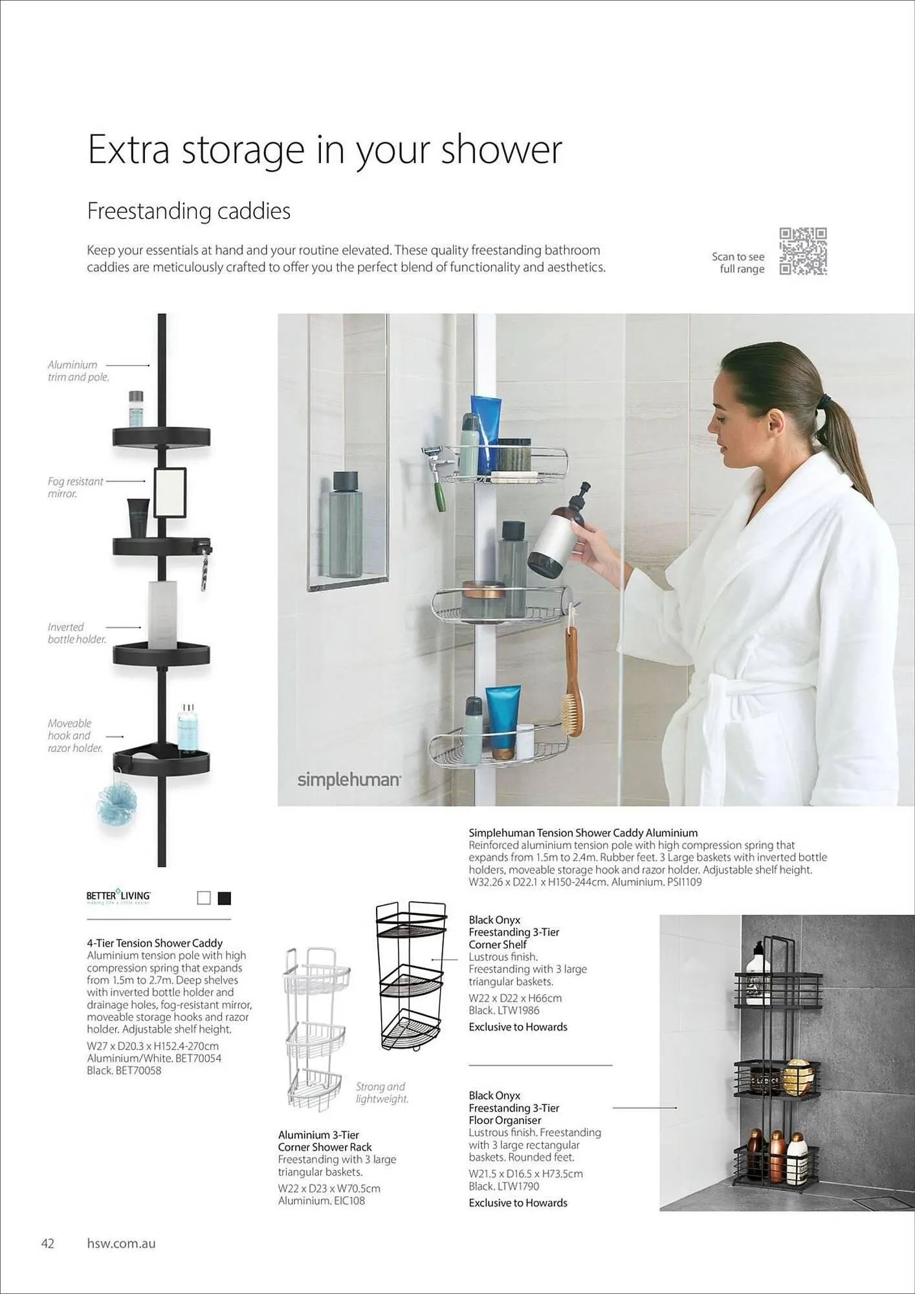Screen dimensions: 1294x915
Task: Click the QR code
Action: (803, 252)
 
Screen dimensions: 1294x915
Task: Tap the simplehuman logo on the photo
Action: (349, 780)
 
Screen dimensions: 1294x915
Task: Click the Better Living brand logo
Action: (118, 897)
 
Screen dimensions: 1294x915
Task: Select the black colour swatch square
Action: (225, 898)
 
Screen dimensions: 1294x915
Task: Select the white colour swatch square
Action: (204, 898)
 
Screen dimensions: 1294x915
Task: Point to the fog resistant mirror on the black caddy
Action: (170, 492)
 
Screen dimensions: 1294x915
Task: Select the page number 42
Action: (47, 1244)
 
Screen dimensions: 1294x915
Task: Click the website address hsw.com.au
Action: (121, 1244)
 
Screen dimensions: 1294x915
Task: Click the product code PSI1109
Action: (684, 882)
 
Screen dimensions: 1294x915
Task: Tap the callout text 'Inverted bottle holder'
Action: (76, 633)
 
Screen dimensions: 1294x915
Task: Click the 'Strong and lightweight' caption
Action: (382, 1093)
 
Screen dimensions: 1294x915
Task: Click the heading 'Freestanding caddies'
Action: (188, 211)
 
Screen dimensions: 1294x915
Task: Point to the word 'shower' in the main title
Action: (502, 149)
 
